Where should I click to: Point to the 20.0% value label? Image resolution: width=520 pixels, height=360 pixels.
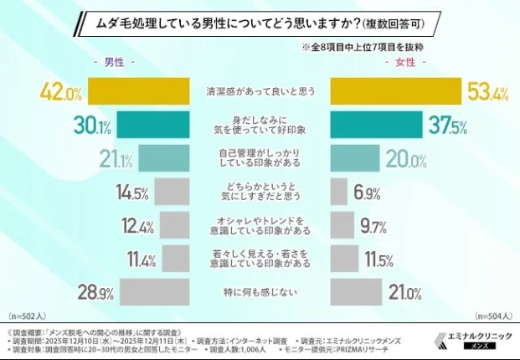coord(404,159)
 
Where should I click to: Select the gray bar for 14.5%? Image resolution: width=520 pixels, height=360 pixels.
coord(171,193)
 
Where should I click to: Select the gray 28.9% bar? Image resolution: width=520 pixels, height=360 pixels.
coord(155,292)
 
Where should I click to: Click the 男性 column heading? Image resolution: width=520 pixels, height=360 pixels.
coord(112,62)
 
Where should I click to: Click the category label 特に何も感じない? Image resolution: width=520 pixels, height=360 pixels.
coord(260,293)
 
